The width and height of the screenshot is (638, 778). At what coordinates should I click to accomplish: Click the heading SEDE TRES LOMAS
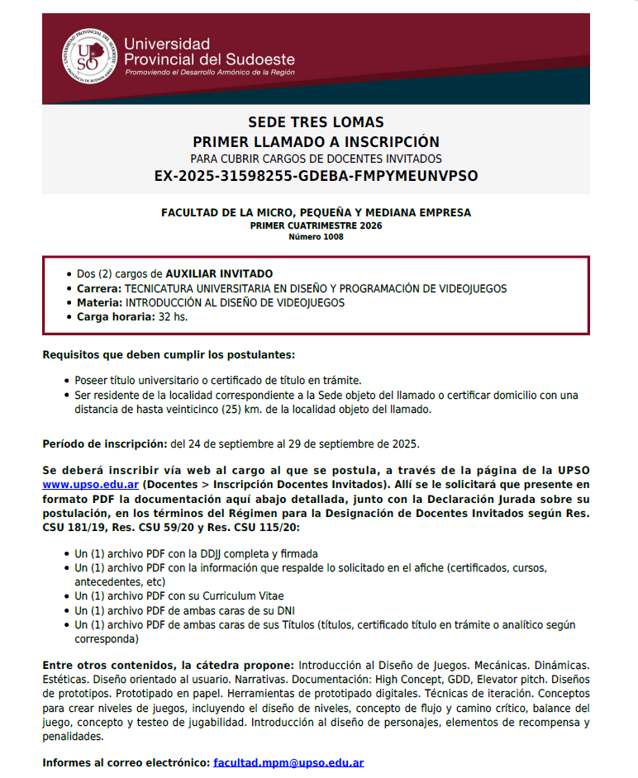click(316, 123)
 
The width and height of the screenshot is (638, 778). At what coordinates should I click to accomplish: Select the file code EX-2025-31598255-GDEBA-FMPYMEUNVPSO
click(316, 176)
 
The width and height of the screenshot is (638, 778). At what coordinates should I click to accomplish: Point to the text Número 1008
click(316, 237)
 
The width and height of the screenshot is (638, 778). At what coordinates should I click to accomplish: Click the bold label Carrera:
click(98, 289)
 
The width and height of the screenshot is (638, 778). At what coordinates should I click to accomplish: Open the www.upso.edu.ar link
click(91, 483)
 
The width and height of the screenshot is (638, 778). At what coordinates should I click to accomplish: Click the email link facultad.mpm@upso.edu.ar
click(288, 763)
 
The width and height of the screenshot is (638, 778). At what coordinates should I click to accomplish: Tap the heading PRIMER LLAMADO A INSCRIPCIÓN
click(316, 141)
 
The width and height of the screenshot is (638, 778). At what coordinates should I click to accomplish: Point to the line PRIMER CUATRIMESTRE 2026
click(316, 225)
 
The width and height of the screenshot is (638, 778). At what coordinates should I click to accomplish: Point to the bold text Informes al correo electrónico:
click(126, 763)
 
